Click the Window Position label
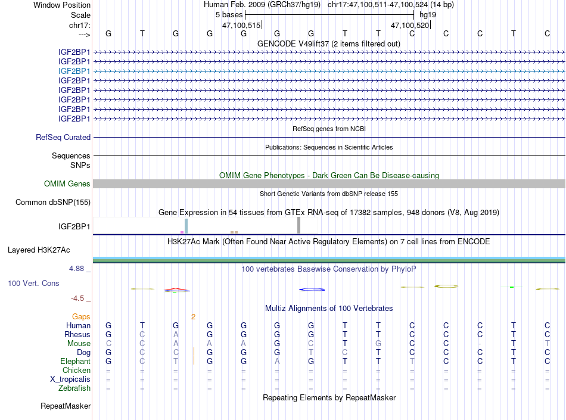[x=62, y=5]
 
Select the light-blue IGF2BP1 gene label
[x=74, y=71]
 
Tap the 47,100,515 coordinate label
[x=241, y=26]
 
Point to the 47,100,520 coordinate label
[x=410, y=26]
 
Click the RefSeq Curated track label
[x=63, y=137]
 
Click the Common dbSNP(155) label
[x=53, y=203]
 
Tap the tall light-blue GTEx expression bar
[x=186, y=226]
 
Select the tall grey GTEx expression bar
[x=298, y=225]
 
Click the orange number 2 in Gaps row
[x=193, y=316]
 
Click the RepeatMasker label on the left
[x=66, y=406]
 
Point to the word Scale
[x=80, y=15]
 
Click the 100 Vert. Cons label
[x=34, y=284]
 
